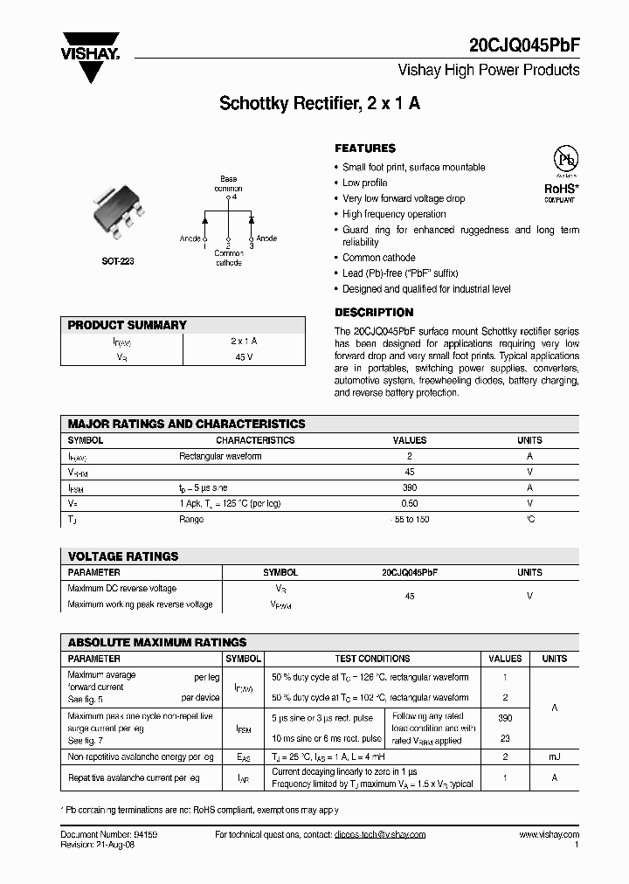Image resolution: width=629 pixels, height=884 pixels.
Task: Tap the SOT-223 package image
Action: (117, 210)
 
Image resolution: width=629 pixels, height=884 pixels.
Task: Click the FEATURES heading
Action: (365, 148)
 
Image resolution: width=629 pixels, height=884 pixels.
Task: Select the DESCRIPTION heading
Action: (374, 312)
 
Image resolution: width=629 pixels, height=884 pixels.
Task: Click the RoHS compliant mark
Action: (561, 191)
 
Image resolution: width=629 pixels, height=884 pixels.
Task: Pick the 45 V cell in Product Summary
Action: (243, 356)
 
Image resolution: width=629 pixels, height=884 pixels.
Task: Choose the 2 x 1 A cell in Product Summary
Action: (243, 341)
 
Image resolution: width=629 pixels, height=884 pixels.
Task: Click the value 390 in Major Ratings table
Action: (410, 487)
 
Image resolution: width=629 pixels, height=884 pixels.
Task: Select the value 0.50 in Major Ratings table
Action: (410, 503)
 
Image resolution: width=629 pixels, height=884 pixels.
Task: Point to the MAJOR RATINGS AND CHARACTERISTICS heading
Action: (187, 424)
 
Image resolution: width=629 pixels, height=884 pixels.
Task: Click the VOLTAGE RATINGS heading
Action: (123, 556)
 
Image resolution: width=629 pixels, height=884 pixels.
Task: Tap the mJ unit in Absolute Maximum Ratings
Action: (554, 756)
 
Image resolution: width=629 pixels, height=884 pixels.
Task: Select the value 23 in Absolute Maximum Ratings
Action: (505, 738)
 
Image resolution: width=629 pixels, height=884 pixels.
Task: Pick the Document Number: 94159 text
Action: (109, 835)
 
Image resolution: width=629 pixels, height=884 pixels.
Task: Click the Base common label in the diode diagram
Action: (228, 183)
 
